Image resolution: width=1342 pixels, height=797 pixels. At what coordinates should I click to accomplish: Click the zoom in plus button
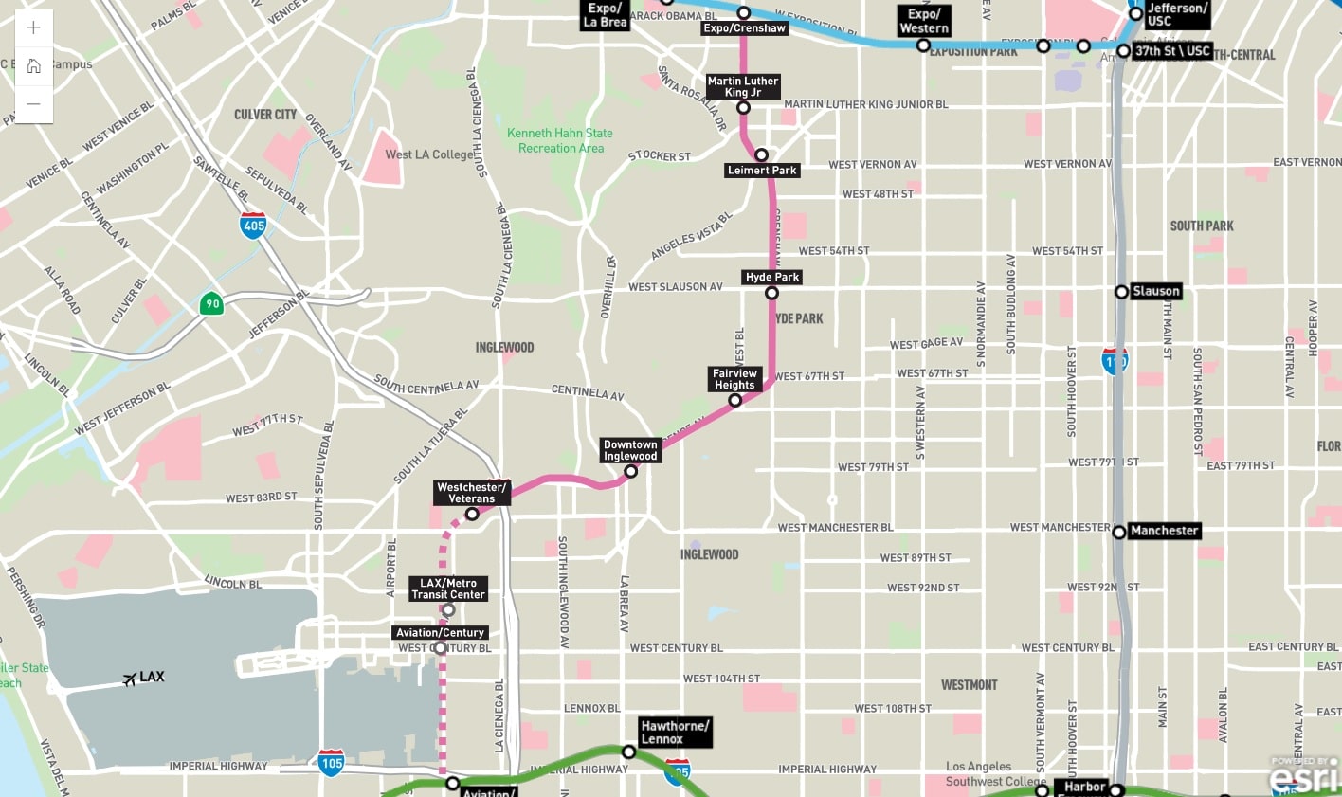coord(33,27)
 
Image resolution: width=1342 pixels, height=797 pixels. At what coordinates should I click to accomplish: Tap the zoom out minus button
coord(33,103)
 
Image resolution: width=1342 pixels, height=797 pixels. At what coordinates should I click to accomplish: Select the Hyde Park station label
coord(772,277)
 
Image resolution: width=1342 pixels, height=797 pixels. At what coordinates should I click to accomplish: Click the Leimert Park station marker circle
coord(761,154)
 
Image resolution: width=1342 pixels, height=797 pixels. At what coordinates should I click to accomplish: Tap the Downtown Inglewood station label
coord(630,450)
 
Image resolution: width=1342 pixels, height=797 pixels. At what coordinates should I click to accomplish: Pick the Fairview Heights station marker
coord(734,401)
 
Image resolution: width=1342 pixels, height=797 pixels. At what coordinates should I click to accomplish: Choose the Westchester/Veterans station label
coord(471,493)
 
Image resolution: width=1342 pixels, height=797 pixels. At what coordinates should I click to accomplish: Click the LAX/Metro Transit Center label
coord(448,589)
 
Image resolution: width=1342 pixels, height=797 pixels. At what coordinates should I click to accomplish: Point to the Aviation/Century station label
coord(440,632)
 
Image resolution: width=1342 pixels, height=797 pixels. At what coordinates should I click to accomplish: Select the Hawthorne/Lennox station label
coord(674,733)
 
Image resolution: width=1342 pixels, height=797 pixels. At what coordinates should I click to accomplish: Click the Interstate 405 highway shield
coord(253,226)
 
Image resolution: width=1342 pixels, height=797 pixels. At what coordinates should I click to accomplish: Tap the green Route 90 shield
coord(211,304)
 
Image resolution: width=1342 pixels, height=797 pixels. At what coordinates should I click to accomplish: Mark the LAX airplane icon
coord(130,679)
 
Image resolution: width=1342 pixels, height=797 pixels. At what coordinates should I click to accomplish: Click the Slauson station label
coord(1155,291)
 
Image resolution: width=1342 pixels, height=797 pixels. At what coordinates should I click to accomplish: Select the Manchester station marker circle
coord(1119,532)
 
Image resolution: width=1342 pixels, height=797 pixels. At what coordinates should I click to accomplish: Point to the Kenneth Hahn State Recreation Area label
coord(560,140)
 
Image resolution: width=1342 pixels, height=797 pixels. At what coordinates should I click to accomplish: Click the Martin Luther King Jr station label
coord(743,86)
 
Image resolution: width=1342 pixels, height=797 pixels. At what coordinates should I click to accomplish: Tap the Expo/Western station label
coord(924,21)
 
